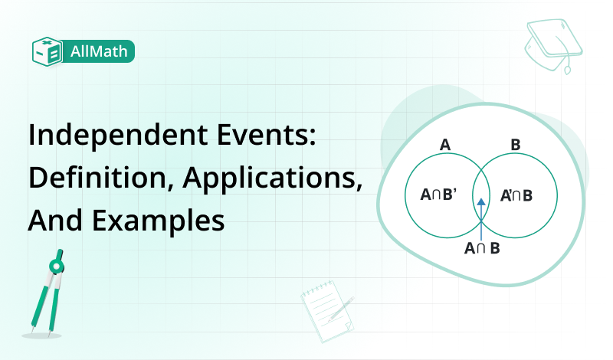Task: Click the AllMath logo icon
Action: (47, 51)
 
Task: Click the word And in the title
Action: (52, 221)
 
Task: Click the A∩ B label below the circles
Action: (482, 248)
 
